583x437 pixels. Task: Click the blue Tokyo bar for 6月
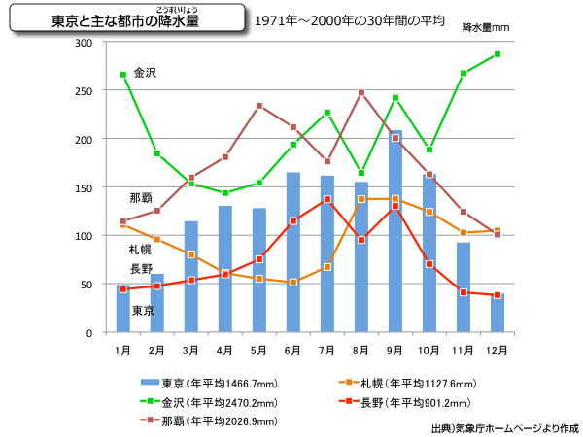(x=292, y=252)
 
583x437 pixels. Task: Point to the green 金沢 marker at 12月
(x=497, y=54)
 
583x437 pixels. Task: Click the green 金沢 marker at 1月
(x=122, y=75)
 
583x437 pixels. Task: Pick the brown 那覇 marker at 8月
(x=360, y=93)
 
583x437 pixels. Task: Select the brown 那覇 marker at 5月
(x=258, y=106)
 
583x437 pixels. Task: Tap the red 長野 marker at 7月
(x=327, y=199)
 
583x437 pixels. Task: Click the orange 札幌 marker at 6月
(x=292, y=283)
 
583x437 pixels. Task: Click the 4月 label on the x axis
(x=224, y=349)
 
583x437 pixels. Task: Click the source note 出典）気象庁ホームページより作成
(x=504, y=427)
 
